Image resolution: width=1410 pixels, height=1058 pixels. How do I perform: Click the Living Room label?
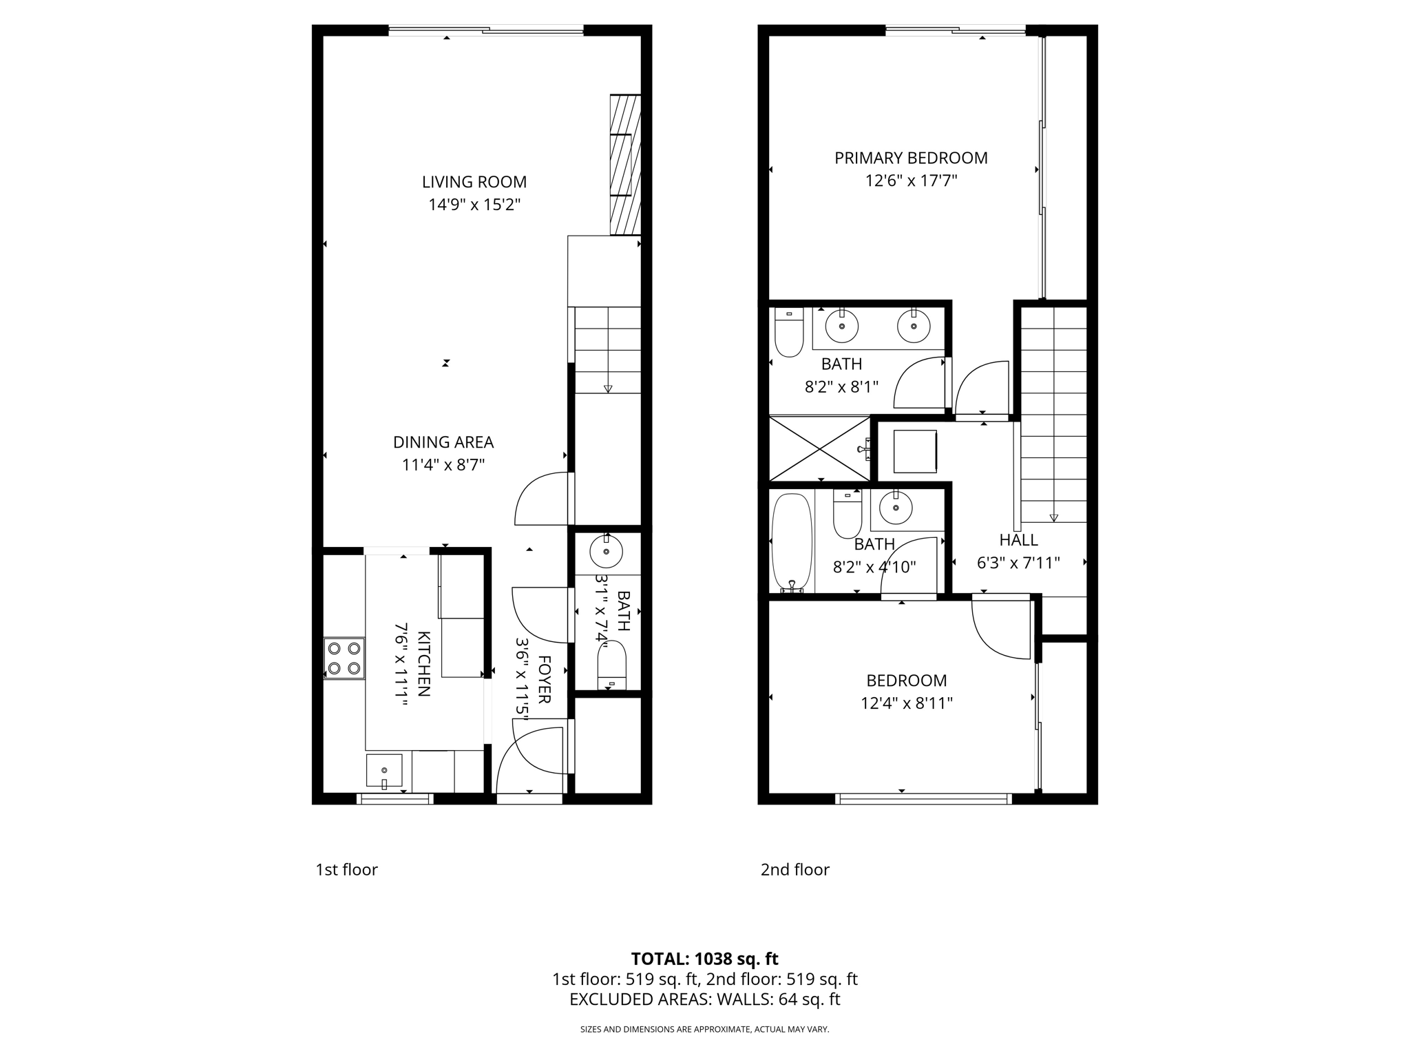474,182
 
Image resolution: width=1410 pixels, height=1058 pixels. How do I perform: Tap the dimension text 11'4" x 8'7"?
443,465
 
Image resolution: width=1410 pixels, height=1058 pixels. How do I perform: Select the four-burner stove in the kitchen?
344,658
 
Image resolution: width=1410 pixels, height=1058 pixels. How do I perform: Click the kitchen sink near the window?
383,771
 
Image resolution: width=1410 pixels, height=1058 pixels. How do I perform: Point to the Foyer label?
544,679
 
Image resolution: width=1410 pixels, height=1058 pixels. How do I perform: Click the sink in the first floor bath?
607,551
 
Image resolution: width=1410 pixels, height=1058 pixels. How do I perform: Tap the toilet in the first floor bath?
611,665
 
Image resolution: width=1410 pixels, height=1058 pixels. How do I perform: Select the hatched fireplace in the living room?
625,165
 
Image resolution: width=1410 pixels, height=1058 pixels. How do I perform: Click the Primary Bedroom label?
911,158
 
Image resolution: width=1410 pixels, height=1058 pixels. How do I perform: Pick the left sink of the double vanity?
841,326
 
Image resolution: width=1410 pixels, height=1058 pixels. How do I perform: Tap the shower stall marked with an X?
819,448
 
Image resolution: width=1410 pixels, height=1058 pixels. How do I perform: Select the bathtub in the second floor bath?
792,541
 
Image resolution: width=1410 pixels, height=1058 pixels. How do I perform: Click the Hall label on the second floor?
1018,540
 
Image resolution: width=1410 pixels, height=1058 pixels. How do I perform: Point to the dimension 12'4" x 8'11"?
906,703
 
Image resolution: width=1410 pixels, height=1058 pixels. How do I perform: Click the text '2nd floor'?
795,869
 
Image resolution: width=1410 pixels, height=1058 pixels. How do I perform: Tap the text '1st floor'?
346,869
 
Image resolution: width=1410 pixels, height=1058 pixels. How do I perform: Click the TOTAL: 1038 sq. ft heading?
704,958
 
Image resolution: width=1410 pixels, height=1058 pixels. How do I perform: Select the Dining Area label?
443,442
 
